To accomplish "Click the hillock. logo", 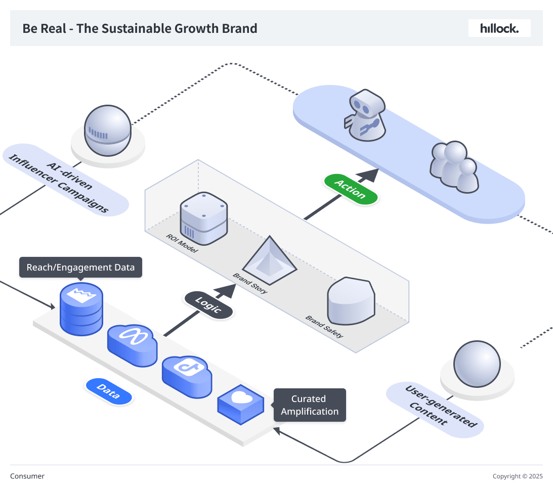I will [499, 28].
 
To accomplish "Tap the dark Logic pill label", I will [208, 305].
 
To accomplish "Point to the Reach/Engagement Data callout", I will [81, 267].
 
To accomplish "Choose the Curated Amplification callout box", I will [310, 405].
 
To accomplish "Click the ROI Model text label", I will [182, 243].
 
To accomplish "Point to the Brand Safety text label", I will [324, 327].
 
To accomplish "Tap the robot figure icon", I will [365, 117].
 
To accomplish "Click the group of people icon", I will [454, 167].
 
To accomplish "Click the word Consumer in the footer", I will [27, 476].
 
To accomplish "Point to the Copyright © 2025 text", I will [518, 476].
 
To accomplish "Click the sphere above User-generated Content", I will [477, 363].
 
